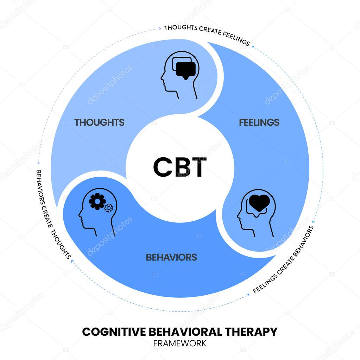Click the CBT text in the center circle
[x=180, y=167]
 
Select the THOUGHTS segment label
[x=99, y=122]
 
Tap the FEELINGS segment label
[x=259, y=122]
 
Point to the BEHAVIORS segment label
[x=171, y=257]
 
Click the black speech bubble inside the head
[x=185, y=70]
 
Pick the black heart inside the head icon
[x=260, y=203]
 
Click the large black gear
[x=97, y=201]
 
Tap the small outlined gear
[x=108, y=208]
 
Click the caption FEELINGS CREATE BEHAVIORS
[x=283, y=260]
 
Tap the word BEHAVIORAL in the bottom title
[x=187, y=331]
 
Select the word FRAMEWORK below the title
[x=180, y=343]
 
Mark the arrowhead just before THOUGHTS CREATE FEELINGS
[x=160, y=29]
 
